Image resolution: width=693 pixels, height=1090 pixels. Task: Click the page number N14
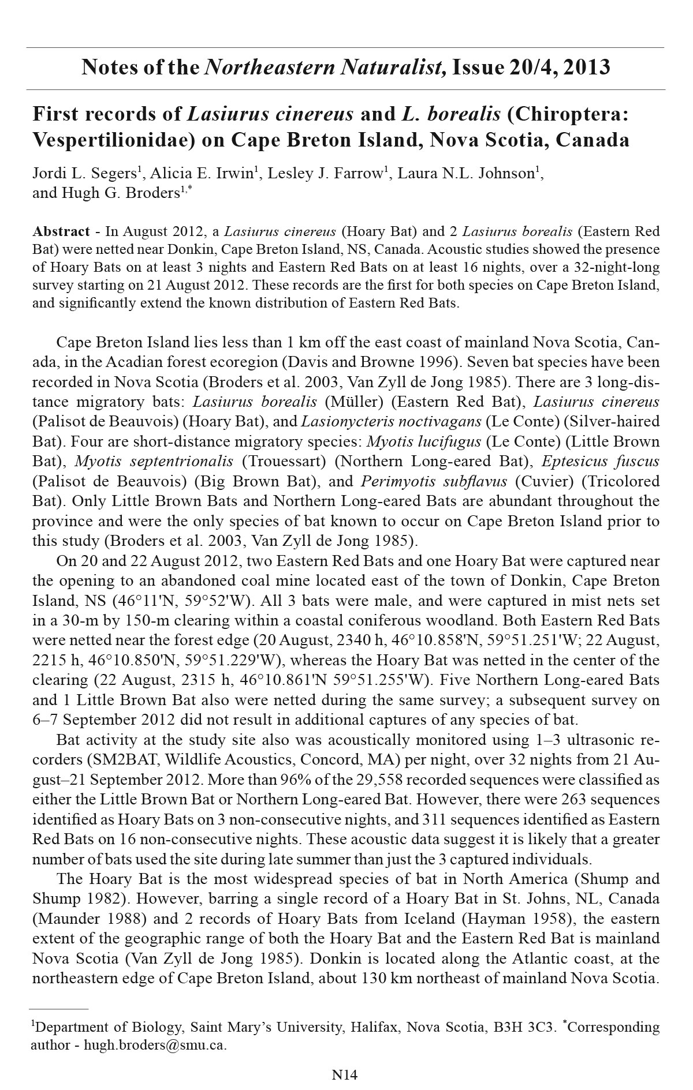345,1074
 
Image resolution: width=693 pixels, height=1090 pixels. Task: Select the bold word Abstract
61,232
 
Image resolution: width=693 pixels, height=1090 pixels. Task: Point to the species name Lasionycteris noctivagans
391,421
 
